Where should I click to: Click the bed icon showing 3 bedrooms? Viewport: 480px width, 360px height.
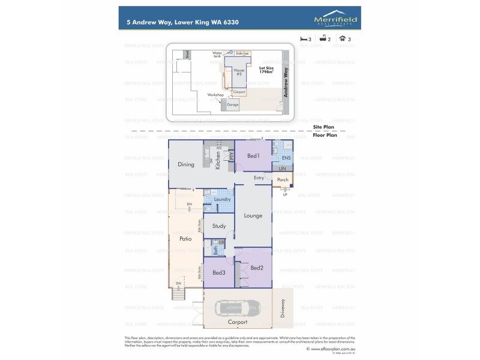[303, 39]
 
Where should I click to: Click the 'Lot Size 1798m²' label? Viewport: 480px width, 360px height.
[266, 69]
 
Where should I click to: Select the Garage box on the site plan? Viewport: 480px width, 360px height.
[232, 104]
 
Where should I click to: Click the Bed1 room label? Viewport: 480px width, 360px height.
[253, 156]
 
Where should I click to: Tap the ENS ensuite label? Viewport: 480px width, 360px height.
[286, 158]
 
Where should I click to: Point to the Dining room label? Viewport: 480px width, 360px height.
[186, 164]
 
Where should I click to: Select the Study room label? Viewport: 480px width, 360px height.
[219, 226]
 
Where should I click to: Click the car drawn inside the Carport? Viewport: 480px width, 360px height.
[239, 310]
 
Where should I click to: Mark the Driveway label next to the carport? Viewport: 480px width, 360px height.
[284, 309]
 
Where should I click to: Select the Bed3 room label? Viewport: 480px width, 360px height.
[218, 273]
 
